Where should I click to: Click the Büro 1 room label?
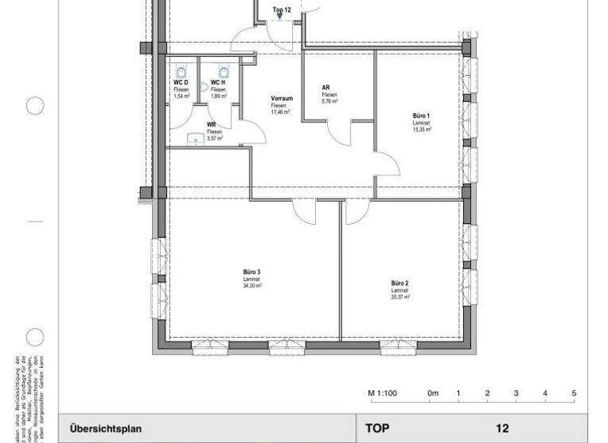pos(421,115)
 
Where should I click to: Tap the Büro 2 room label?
pos(399,283)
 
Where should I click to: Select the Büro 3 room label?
pos(252,272)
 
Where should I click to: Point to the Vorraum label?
pos(282,99)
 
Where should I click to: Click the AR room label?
pos(326,88)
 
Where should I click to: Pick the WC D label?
pos(181,82)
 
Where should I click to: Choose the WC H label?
pos(218,82)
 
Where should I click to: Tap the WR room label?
pos(212,125)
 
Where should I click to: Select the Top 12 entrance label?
pos(281,10)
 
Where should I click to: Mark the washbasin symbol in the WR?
pos(194,138)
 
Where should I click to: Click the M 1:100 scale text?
pos(383,393)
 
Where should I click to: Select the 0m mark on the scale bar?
pos(432,393)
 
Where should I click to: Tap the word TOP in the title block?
pos(379,428)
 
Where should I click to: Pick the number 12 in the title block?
pos(502,428)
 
